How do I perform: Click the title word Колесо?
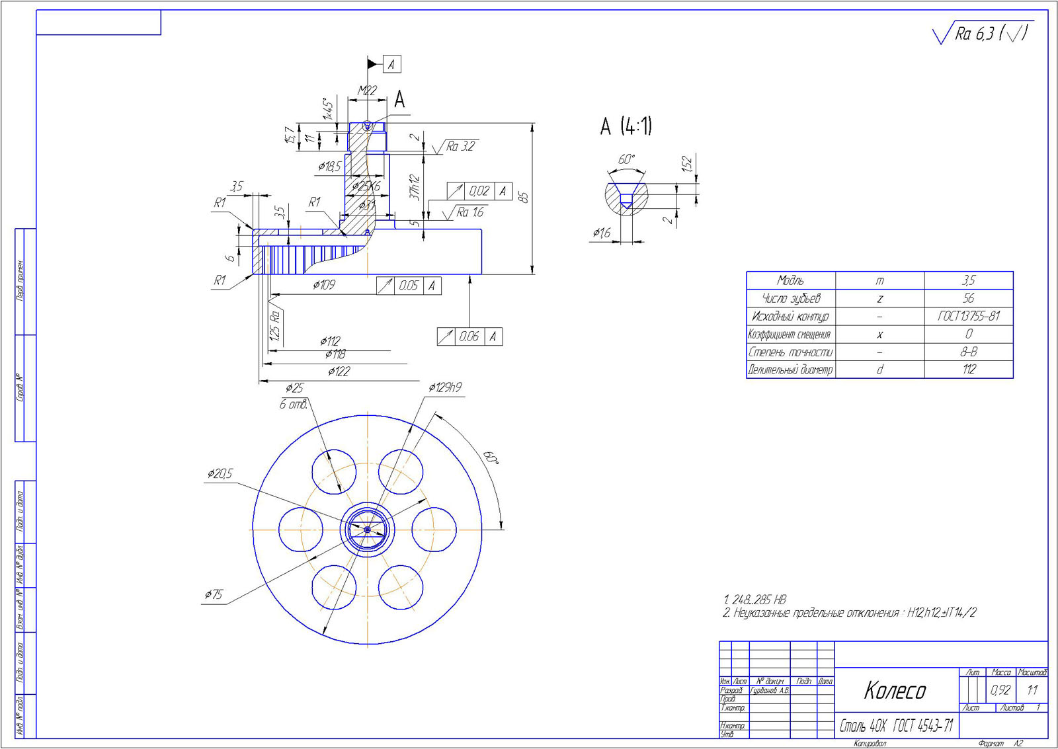895,690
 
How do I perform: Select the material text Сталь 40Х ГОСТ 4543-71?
896,726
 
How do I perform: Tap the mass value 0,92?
1000,690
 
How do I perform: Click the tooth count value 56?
968,298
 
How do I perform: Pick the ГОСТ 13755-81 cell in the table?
968,316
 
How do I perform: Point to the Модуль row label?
790,280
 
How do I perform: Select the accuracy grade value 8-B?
968,352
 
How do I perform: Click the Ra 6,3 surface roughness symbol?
982,34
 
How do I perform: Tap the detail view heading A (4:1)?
626,126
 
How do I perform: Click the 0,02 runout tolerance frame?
479,191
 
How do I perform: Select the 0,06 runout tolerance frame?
469,336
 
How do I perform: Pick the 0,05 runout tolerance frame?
409,286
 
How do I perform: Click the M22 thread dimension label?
367,91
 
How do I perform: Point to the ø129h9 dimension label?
445,387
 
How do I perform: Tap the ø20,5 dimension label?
220,473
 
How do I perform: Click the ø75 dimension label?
214,594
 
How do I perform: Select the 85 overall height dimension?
524,198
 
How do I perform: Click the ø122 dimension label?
339,371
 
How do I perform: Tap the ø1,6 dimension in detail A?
601,233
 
